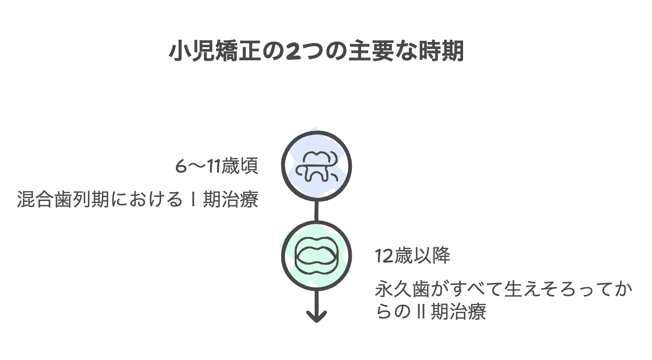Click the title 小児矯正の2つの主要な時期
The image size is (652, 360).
pyautogui.click(x=316, y=52)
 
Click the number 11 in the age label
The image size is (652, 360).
pyautogui.click(x=214, y=166)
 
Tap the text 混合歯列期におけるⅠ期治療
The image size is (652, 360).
pyautogui.click(x=138, y=200)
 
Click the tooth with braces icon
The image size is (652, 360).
pyautogui.click(x=316, y=166)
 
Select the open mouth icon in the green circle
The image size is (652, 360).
pyautogui.click(x=316, y=256)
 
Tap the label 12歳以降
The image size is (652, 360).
pyautogui.click(x=413, y=256)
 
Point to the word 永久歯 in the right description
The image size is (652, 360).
pyautogui.click(x=398, y=290)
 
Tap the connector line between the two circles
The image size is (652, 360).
pyautogui.click(x=316, y=211)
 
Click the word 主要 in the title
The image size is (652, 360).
pyautogui.click(x=368, y=52)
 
